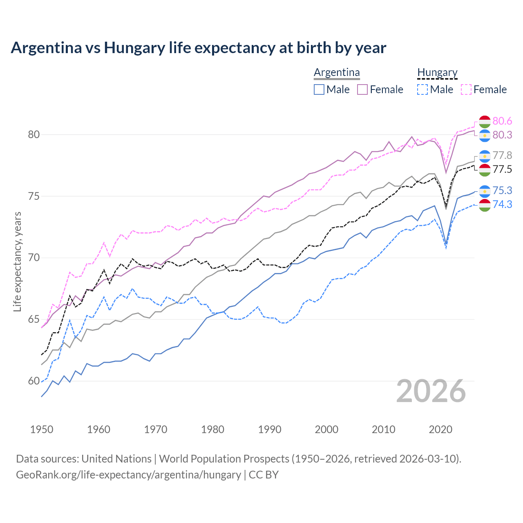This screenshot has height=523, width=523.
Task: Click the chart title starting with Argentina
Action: (198, 48)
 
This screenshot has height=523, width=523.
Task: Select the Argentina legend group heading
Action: (337, 73)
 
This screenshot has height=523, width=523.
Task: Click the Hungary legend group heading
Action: (437, 73)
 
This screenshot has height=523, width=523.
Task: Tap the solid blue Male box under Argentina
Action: (319, 89)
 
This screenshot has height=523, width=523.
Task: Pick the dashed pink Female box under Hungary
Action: (466, 89)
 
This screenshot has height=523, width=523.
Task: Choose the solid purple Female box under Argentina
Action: (363, 89)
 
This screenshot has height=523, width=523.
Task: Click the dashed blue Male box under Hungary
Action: (423, 89)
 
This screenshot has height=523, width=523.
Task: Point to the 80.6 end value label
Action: (502, 121)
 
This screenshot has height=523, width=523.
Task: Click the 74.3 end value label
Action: (502, 204)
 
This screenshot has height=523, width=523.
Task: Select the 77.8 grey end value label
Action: (502, 155)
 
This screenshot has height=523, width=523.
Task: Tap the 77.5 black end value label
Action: (502, 169)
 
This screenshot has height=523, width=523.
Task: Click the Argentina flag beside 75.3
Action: (485, 191)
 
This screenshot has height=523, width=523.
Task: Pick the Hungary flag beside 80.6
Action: (485, 121)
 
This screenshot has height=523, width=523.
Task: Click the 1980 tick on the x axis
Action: (212, 429)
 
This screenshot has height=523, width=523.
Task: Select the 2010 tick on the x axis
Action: (383, 429)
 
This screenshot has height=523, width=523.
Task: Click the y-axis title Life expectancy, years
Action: (17, 261)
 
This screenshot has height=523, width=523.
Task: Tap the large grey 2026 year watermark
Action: (431, 391)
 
